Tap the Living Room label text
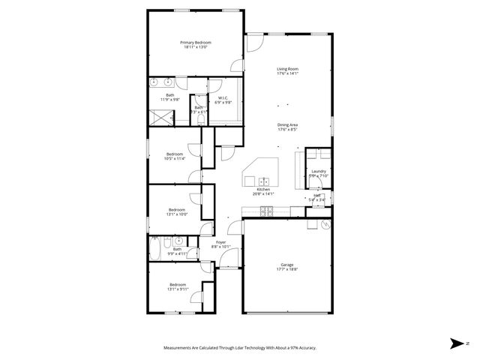coord(287,69)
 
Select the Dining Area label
coord(287,125)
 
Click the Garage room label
coord(286,264)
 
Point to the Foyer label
coord(220,242)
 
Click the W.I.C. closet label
coord(223,97)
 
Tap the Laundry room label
coord(318,172)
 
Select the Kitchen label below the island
coord(263,190)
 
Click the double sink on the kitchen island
coord(264,181)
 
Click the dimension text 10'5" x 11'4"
coord(174,158)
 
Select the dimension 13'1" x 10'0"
coord(177,214)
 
